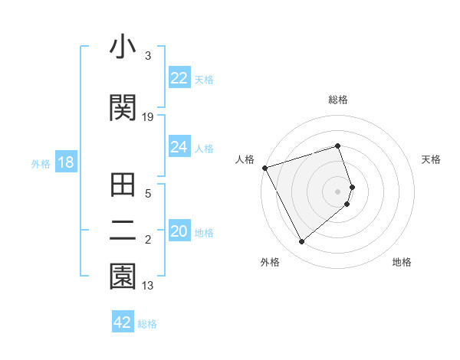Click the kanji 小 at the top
[123, 47]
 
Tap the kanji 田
[123, 185]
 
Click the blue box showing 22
[179, 77]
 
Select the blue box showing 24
[179, 147]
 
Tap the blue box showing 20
[179, 231]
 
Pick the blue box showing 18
[65, 162]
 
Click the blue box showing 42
[123, 322]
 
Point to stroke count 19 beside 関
[148, 117]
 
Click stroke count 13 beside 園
[148, 286]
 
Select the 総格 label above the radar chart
[338, 100]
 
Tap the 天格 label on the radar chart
[431, 159]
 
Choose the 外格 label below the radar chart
[270, 262]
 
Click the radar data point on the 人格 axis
[264, 167]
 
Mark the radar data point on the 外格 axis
[301, 242]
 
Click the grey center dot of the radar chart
[338, 191]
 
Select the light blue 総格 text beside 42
[147, 323]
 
